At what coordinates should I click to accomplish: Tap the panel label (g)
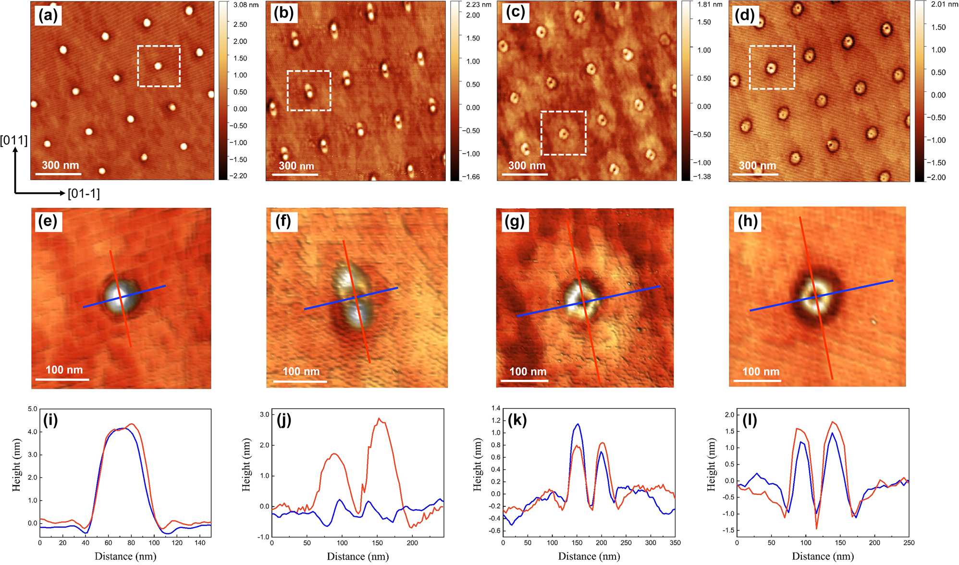[x=515, y=222]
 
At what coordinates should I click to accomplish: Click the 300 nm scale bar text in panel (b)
[x=296, y=166]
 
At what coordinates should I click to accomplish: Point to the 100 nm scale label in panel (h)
[x=761, y=371]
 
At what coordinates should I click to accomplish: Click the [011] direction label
[x=14, y=140]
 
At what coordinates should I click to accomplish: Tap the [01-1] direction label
[x=84, y=194]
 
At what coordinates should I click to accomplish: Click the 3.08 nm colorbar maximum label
[x=246, y=5]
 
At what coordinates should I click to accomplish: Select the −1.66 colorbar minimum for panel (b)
[x=471, y=177]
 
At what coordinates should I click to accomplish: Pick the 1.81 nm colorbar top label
[x=710, y=5]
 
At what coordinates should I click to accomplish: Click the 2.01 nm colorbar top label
[x=945, y=4]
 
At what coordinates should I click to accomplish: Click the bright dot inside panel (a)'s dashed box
[x=158, y=66]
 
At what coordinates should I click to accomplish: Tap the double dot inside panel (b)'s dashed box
[x=308, y=90]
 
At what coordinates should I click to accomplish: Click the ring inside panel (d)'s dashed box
[x=771, y=68]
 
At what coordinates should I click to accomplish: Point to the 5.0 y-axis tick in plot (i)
[x=32, y=409]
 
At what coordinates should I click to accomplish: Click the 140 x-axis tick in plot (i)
[x=199, y=543]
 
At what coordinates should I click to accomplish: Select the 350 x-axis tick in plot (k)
[x=675, y=543]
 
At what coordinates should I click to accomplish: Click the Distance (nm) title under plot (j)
[x=358, y=556]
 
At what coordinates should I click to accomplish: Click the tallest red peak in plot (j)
[x=380, y=419]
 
